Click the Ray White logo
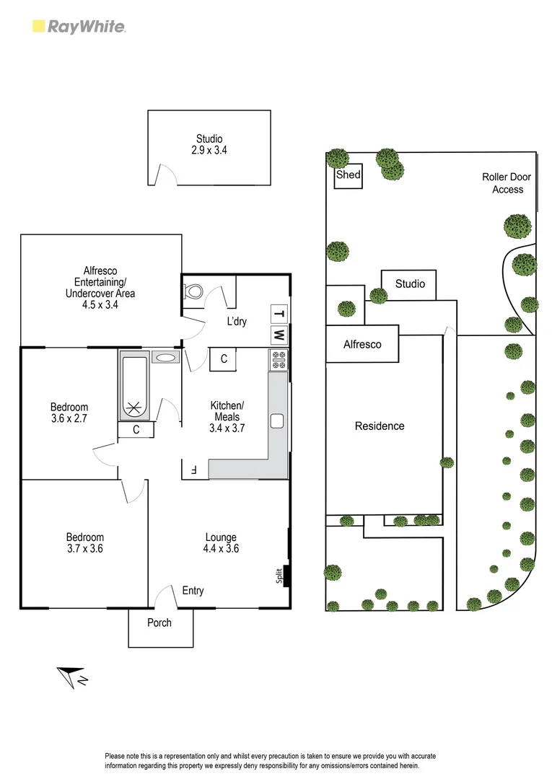[x=79, y=27]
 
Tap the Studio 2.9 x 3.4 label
[x=209, y=145]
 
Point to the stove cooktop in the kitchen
[x=279, y=360]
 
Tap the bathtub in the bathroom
[x=134, y=386]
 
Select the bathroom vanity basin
[x=165, y=357]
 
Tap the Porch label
[x=159, y=622]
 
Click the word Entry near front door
[x=193, y=591]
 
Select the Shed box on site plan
[x=348, y=176]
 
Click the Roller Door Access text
[x=507, y=183]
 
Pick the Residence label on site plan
[x=380, y=426]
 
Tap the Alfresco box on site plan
[x=362, y=345]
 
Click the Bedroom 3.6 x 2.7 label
[x=69, y=412]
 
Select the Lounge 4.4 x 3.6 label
[x=221, y=543]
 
